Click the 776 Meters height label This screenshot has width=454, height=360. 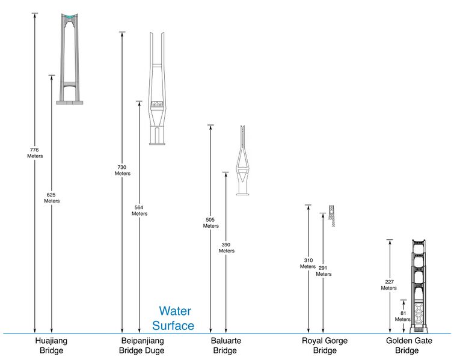(35, 153)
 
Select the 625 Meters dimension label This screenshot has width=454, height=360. (52, 198)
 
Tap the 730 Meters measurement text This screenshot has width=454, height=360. (123, 170)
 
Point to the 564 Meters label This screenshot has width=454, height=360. (140, 210)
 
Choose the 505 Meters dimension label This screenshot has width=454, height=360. (210, 222)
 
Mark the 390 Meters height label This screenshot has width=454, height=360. (227, 248)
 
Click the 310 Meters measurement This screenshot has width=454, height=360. (308, 263)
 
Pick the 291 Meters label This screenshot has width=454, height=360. (324, 271)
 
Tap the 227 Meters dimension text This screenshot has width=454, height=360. (389, 285)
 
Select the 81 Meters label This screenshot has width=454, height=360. (403, 316)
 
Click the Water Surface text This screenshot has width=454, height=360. (173, 319)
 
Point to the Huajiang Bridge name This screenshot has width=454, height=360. (51, 346)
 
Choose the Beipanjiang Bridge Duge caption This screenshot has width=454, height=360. (142, 346)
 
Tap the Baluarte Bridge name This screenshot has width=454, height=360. (225, 346)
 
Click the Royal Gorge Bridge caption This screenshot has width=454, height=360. (325, 346)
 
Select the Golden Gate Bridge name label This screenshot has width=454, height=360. (409, 346)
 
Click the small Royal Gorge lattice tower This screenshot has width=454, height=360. (332, 216)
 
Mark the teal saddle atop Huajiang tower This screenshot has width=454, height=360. (70, 17)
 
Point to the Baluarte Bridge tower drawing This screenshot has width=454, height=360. (242, 160)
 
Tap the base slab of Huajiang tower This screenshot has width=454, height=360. (70, 103)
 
